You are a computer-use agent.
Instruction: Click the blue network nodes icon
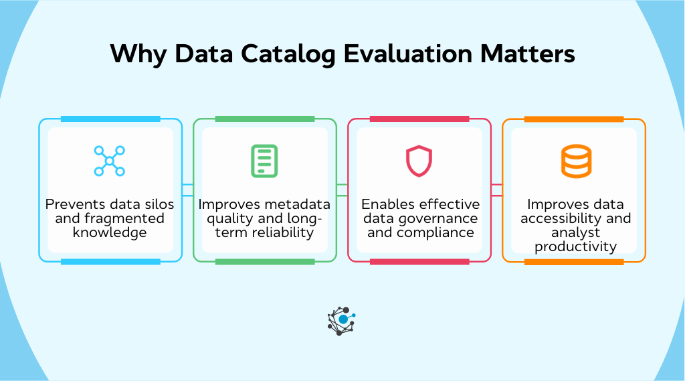[x=110, y=161]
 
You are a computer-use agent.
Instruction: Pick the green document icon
[x=264, y=161]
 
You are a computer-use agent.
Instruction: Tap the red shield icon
[x=419, y=161]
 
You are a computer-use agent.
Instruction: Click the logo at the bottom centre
[x=342, y=320]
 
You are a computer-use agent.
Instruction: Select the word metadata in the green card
[x=304, y=204]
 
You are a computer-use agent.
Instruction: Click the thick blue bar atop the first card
[x=110, y=119]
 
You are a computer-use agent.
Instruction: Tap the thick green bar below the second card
[x=265, y=262]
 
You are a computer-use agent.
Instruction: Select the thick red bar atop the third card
[x=419, y=119]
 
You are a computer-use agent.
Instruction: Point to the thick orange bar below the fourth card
[x=574, y=262]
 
